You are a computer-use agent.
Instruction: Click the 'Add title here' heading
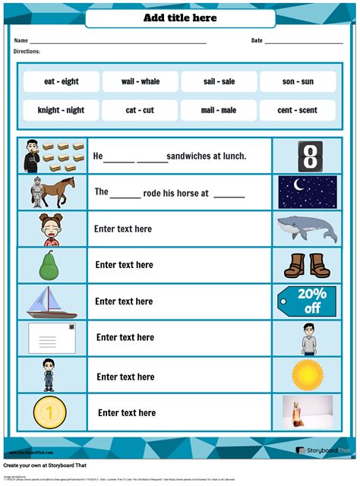[x=180, y=17]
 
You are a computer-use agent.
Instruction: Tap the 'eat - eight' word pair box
[x=62, y=81]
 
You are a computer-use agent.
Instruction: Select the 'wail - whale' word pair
[x=140, y=81]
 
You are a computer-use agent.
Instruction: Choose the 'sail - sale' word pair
[x=219, y=81]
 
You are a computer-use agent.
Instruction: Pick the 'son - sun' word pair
[x=297, y=81]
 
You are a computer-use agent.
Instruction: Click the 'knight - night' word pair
[x=62, y=110]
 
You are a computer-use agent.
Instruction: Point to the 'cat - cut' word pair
[x=140, y=110]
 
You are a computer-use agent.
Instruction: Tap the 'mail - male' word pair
[x=219, y=110]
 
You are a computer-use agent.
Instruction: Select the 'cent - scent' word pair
[x=297, y=110]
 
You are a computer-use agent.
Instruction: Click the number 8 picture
[x=309, y=156]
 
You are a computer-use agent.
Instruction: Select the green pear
[x=49, y=265]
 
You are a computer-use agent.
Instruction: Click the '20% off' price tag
[x=308, y=301]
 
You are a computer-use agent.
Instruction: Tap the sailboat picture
[x=49, y=301]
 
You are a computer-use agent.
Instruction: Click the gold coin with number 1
[x=49, y=412]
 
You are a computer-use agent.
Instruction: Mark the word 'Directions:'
[x=27, y=52]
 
